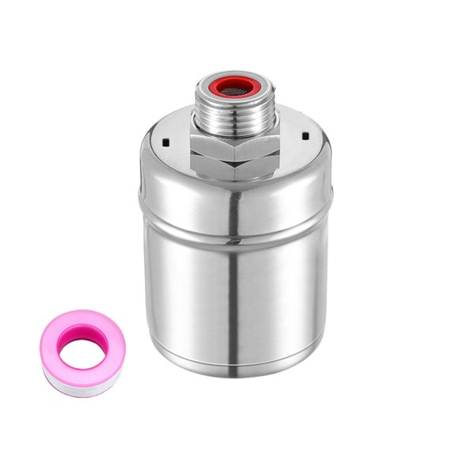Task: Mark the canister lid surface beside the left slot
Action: click(158, 158)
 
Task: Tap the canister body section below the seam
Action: click(236, 301)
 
